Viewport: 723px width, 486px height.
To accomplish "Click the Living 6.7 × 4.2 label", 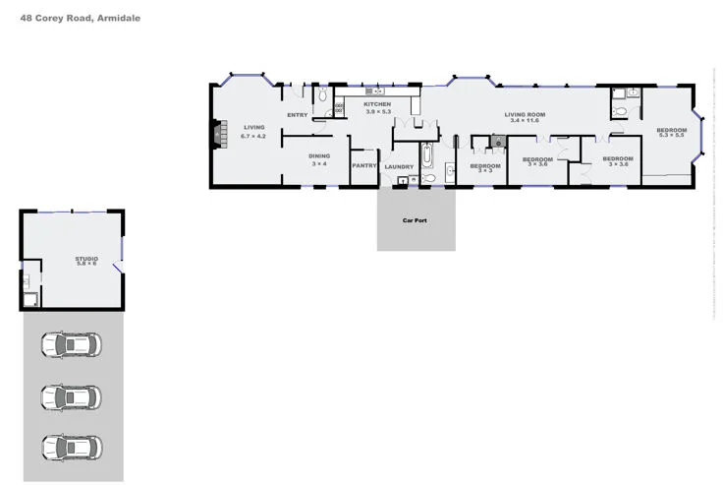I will tap(254, 131).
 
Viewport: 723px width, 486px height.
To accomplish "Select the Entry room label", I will tap(297, 115).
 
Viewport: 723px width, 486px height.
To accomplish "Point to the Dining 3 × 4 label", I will tap(319, 159).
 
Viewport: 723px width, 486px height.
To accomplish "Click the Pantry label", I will tap(364, 165).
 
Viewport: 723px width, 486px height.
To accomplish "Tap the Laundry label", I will tap(399, 166).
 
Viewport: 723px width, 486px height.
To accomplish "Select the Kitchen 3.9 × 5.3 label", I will tap(378, 107).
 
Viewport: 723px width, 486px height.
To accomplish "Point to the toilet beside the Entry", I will tap(323, 96).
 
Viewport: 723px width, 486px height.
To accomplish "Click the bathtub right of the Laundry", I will tap(427, 157).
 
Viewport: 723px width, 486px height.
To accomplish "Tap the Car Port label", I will tap(415, 220).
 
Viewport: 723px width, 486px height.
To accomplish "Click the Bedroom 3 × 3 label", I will tap(485, 168).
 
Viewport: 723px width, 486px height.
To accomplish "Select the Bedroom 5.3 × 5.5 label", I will tap(672, 134).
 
